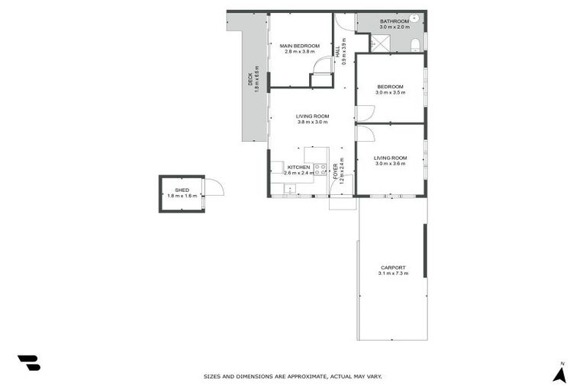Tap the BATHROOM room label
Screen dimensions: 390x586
tap(393, 21)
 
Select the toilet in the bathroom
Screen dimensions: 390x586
tap(415, 45)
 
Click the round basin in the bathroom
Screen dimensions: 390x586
tap(415, 18)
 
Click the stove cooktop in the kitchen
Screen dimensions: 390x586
tap(320, 169)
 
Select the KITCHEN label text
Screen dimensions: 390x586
tap(298, 167)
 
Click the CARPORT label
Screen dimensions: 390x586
tap(393, 267)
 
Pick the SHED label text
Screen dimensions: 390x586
tap(182, 190)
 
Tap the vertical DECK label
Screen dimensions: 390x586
tap(250, 81)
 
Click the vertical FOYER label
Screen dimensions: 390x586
tap(335, 171)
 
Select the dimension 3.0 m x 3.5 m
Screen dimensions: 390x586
tap(391, 92)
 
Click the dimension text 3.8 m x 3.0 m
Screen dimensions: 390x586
tap(311, 122)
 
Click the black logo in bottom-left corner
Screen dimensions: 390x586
tap(29, 363)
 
